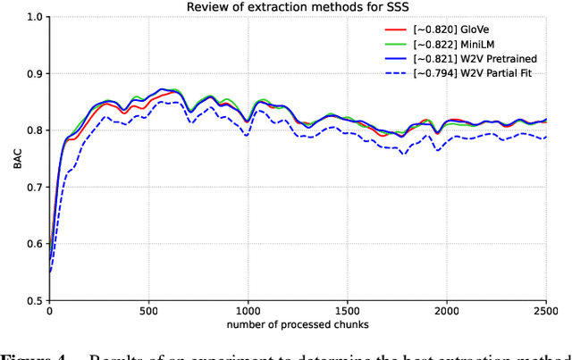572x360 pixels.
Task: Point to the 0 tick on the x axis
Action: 49,313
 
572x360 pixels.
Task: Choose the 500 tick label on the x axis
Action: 148,313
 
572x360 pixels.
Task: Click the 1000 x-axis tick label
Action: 248,313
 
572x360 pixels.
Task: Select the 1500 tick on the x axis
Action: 347,313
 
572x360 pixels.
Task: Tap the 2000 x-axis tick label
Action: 446,313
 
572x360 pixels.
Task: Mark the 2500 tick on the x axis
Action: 545,313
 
